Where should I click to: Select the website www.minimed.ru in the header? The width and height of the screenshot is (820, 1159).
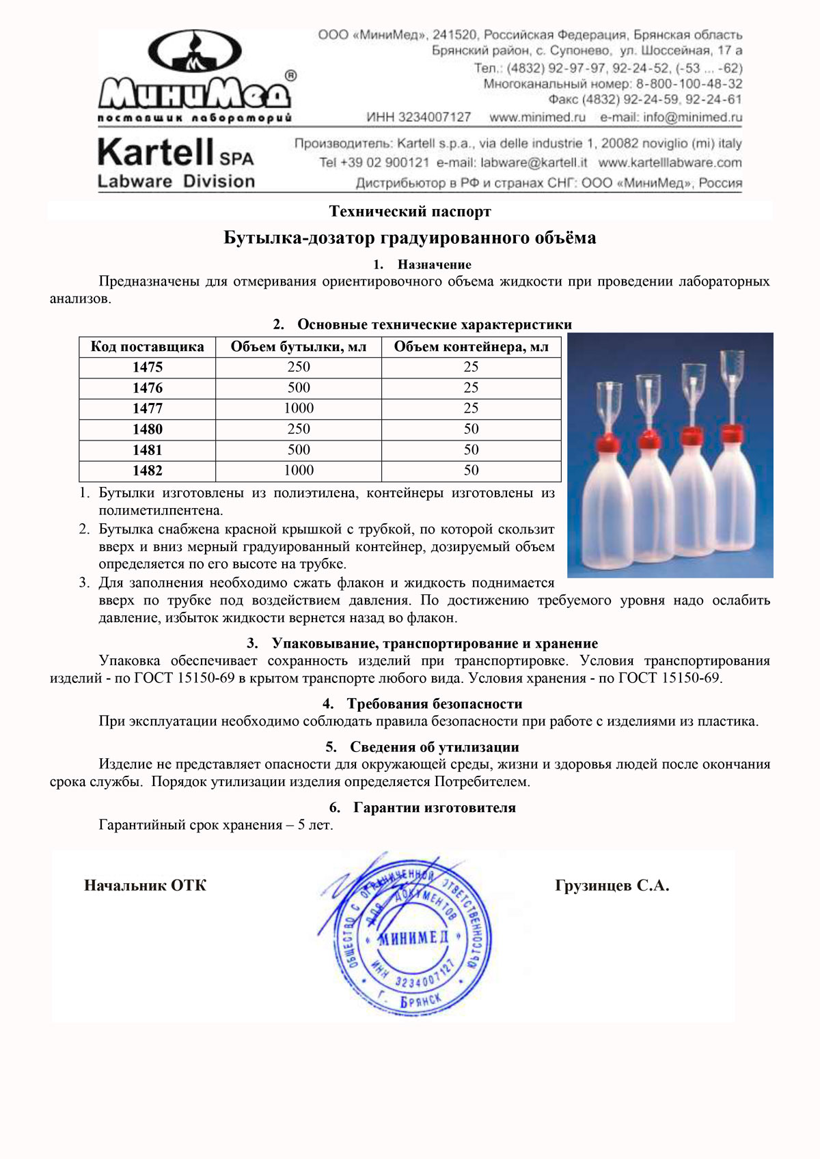538,117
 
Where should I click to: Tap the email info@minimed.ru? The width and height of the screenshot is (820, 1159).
671,117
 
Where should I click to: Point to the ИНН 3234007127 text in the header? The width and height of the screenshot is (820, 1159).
419,117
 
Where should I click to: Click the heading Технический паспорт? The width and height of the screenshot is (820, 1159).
410,212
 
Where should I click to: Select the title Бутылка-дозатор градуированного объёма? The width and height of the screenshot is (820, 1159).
410,238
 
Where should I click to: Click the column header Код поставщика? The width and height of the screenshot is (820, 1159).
148,347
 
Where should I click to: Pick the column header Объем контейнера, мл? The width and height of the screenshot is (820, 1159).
471,347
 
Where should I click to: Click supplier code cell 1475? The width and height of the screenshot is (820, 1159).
148,367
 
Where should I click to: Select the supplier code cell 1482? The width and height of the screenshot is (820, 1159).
148,471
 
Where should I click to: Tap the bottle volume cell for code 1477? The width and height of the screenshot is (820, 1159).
299,408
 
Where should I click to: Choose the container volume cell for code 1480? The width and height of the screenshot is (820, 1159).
471,429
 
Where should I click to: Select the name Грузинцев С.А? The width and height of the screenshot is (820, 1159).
612,886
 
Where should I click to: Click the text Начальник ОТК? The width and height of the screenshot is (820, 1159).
145,886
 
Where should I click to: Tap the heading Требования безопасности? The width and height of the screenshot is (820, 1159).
434,704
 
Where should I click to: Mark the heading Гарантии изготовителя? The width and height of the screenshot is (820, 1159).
434,808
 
